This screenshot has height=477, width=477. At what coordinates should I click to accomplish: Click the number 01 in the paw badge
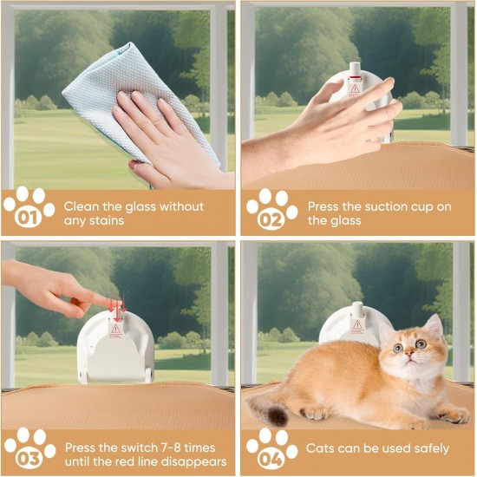click(x=28, y=217)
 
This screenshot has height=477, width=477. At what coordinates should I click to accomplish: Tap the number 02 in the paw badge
click(x=271, y=219)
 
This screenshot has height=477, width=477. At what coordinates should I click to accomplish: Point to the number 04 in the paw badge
click(x=271, y=459)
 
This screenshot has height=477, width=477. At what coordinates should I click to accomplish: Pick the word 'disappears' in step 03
click(x=197, y=462)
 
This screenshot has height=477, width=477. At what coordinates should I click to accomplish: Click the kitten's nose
click(x=409, y=353)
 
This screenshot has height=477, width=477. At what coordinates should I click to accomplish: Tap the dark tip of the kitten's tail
click(x=278, y=416)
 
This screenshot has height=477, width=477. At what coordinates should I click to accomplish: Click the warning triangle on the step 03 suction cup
click(x=115, y=329)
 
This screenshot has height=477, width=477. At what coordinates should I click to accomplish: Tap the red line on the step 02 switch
click(x=354, y=77)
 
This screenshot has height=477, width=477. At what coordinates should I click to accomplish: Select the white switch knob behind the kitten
click(x=356, y=310)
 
